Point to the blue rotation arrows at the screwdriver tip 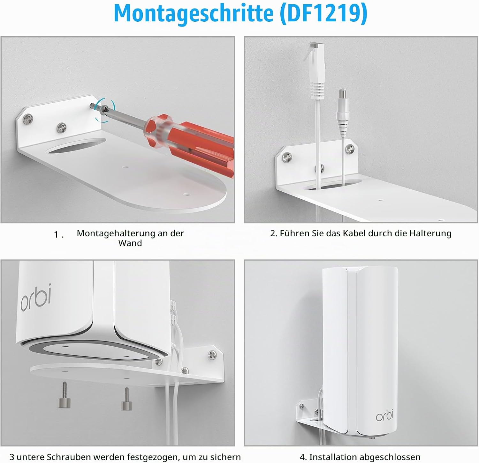point(105,110)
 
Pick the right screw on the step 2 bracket point(350,148)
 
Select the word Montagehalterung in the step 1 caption point(116,234)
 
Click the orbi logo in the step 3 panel point(36,297)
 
